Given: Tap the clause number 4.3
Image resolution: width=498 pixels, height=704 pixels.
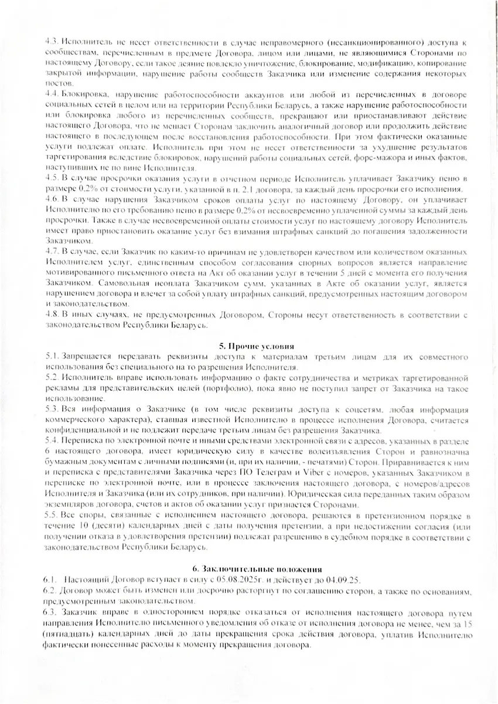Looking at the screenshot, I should point(52,42).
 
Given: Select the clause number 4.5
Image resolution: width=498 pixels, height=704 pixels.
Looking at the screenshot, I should point(52,178).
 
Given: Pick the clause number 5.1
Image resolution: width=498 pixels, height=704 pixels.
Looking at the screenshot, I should point(52,356).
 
